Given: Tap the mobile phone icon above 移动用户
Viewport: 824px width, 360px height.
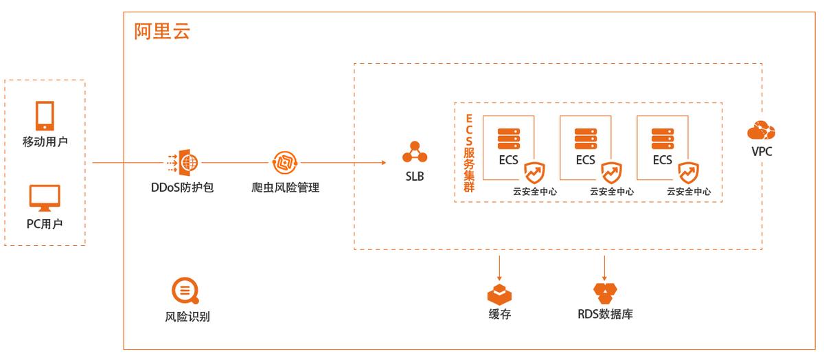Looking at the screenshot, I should pyautogui.click(x=45, y=116).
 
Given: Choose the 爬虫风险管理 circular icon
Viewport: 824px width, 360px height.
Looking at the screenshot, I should pyautogui.click(x=285, y=163).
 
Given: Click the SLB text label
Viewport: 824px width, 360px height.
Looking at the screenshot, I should pyautogui.click(x=414, y=177).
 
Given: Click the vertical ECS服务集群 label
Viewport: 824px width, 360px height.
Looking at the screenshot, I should pyautogui.click(x=469, y=153).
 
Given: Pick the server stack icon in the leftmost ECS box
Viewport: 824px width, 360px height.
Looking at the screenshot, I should pyautogui.click(x=509, y=137).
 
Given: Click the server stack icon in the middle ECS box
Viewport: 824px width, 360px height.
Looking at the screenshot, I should pyautogui.click(x=586, y=137).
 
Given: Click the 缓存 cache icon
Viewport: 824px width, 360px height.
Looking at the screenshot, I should pyautogui.click(x=500, y=294).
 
